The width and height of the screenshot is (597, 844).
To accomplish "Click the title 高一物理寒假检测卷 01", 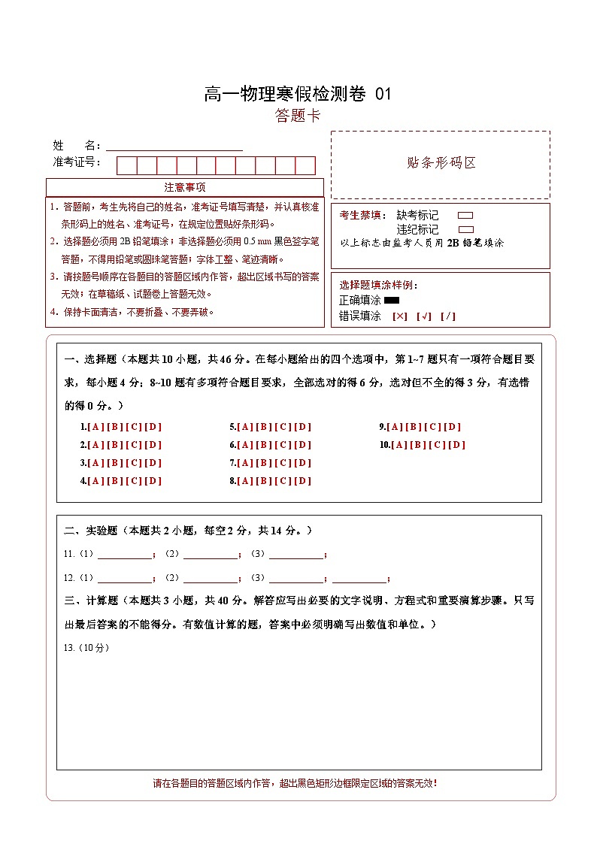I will coord(298,94).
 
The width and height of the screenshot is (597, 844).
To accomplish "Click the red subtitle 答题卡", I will coord(298,116).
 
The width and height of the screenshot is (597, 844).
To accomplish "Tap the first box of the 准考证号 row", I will coord(126,165).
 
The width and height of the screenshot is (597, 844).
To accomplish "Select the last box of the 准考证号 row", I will coord(305,165).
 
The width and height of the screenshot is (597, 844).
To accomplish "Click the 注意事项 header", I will coord(185,187).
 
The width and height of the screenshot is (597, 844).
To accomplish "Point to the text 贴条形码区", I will coord(441,163).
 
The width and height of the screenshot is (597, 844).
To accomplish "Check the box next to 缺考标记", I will coord(465,216).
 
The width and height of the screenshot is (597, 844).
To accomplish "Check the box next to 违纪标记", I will coord(465,229).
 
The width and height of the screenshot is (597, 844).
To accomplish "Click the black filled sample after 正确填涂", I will coord(391,301).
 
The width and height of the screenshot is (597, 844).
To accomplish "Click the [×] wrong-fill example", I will coord(399,316).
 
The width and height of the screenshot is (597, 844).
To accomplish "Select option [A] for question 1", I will coord(95,427).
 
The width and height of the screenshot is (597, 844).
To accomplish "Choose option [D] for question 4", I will coord(153,481).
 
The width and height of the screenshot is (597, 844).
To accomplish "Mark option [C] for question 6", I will coord(283,445).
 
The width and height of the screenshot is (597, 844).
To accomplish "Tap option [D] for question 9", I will coord(453,427).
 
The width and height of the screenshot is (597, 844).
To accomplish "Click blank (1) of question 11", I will coord(125,555).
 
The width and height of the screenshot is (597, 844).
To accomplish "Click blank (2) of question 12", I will coord(211,578).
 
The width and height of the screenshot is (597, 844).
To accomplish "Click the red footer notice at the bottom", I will coord(295,783).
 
